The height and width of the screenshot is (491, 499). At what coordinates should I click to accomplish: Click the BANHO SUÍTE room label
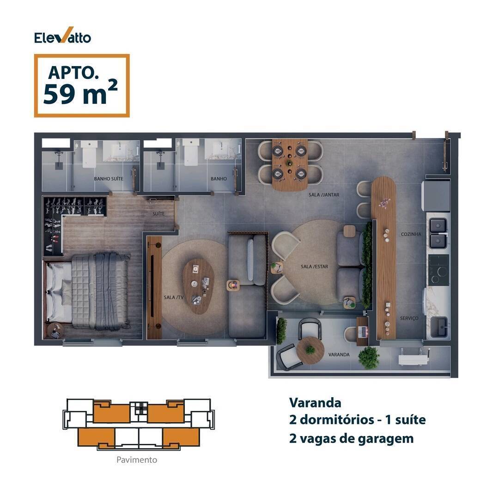[109, 179]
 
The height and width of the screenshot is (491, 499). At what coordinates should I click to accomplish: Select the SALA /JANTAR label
[323, 195]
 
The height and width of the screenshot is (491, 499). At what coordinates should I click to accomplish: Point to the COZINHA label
[411, 234]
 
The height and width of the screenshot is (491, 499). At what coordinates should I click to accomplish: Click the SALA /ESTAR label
[314, 267]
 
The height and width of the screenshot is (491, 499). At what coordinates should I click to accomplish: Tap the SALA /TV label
[174, 297]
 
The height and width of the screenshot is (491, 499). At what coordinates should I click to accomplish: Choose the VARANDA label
[339, 354]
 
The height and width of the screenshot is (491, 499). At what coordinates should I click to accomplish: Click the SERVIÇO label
[409, 318]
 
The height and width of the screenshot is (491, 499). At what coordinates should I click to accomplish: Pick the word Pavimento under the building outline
[136, 460]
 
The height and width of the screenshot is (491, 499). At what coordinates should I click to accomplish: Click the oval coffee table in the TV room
[198, 286]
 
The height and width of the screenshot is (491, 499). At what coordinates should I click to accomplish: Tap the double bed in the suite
[87, 291]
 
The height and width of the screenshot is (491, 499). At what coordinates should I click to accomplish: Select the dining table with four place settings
[290, 164]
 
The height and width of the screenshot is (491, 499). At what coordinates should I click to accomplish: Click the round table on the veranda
[310, 351]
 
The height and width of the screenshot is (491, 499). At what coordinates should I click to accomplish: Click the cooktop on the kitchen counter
[438, 270]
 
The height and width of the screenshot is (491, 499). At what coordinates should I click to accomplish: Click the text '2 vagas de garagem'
[351, 438]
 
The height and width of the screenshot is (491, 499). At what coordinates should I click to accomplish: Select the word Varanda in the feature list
[315, 403]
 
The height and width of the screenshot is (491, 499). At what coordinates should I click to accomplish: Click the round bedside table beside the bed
[55, 331]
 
